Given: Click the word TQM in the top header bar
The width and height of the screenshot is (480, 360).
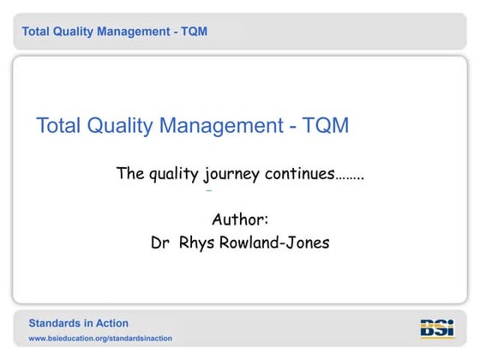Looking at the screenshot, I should pyautogui.click(x=193, y=32).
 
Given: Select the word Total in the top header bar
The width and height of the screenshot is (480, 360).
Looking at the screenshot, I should pyautogui.click(x=37, y=32).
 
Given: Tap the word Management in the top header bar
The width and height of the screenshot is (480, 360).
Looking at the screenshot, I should pyautogui.click(x=133, y=32).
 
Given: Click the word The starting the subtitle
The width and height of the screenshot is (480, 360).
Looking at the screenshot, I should pyautogui.click(x=129, y=174).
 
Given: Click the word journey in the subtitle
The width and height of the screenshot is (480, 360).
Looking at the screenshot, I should pyautogui.click(x=232, y=175).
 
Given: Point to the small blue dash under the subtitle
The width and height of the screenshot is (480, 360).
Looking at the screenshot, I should pyautogui.click(x=208, y=190).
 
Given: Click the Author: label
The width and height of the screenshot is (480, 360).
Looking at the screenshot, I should pyautogui.click(x=240, y=219).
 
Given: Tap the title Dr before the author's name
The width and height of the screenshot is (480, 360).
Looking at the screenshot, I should pyautogui.click(x=159, y=243).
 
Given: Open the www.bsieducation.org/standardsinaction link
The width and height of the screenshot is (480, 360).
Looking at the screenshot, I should pyautogui.click(x=100, y=339).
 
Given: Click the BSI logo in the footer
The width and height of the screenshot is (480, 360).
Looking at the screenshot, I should pyautogui.click(x=437, y=328).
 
